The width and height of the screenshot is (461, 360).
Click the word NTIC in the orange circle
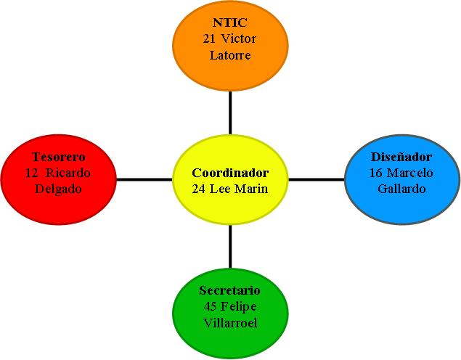coord(230,23)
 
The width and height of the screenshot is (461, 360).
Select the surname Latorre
coord(230,55)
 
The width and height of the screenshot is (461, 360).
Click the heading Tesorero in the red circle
coord(59,157)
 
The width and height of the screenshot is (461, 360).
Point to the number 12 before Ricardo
coord(31,173)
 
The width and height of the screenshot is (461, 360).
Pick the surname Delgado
coord(59,189)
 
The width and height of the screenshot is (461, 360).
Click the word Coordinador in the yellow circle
coord(230,173)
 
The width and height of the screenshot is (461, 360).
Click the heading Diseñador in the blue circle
coord(401,157)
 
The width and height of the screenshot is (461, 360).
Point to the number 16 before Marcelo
coord(376,173)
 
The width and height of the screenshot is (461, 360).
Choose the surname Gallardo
coord(401,189)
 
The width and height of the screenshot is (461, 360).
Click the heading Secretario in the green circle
coord(229,290)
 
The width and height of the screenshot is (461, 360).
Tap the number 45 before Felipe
coord(211,306)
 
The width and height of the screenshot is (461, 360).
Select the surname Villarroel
coord(230,322)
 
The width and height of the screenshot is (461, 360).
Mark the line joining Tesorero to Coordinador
coord(144,179)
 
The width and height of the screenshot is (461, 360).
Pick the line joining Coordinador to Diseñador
coord(316,179)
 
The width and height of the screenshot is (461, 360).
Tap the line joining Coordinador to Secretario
coord(230,247)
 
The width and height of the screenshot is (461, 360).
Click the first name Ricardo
coord(69,173)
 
